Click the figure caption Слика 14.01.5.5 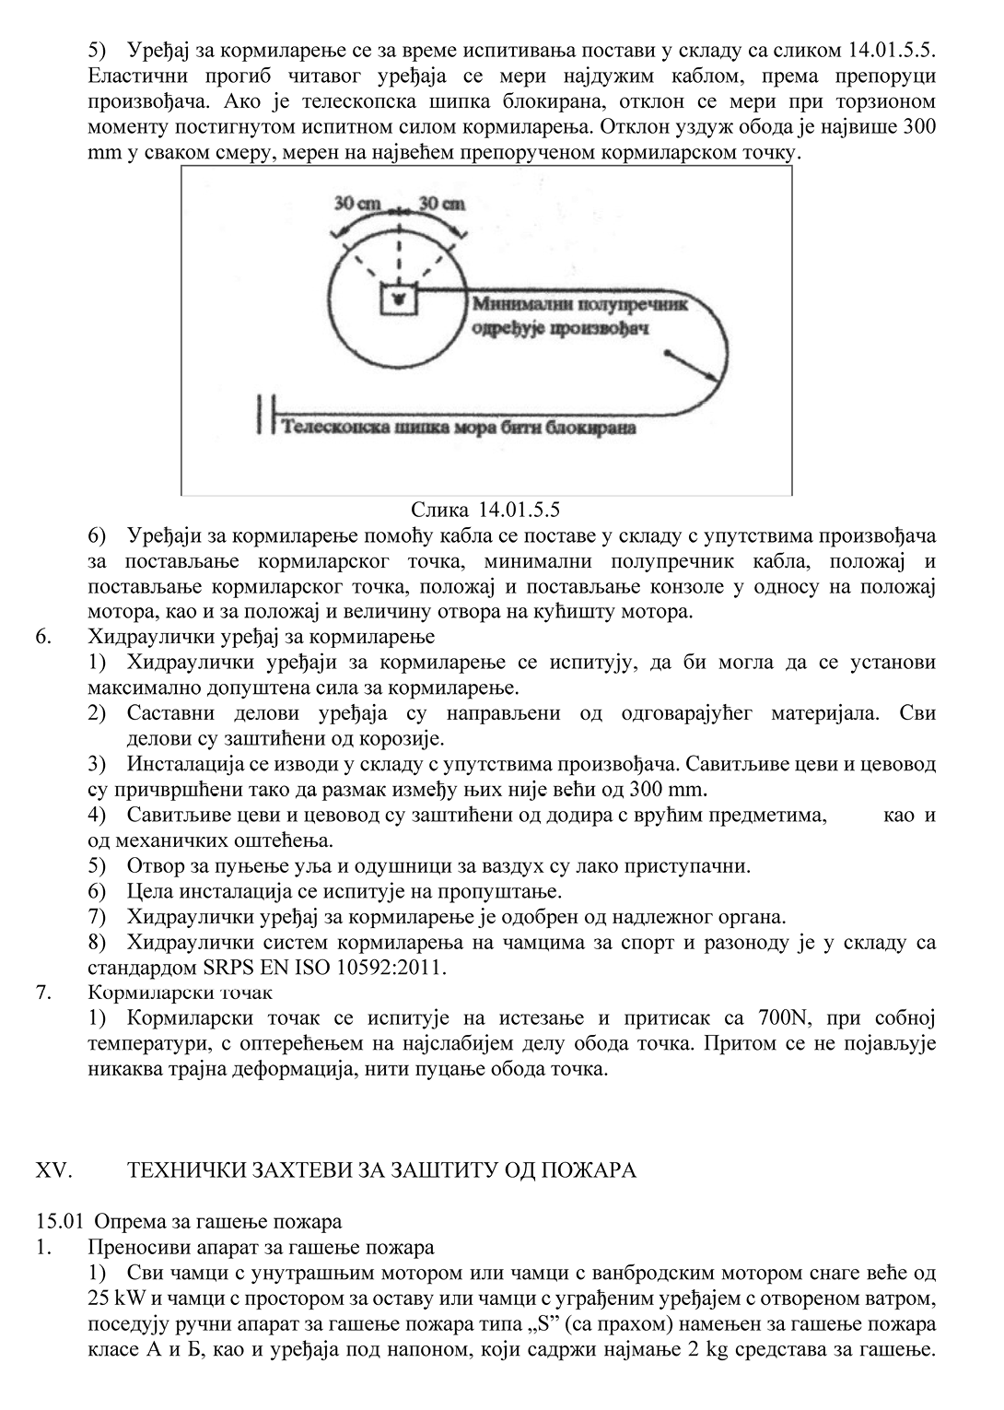(x=486, y=509)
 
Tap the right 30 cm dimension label (x=441, y=204)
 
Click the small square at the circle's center (x=398, y=298)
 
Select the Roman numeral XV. (x=53, y=1169)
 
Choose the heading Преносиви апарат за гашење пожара (x=261, y=1248)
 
